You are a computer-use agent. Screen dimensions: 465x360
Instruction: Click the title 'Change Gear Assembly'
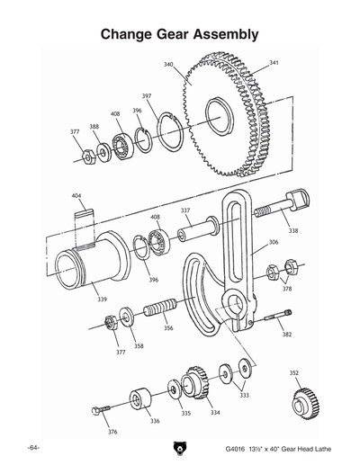click(180, 34)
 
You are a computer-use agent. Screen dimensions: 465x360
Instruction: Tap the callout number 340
click(168, 65)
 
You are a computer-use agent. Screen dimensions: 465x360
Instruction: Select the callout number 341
click(274, 64)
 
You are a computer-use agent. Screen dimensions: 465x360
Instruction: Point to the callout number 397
click(147, 95)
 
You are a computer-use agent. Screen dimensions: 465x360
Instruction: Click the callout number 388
click(94, 127)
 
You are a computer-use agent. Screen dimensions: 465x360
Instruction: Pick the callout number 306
click(274, 242)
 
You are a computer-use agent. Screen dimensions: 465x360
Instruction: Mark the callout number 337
click(184, 210)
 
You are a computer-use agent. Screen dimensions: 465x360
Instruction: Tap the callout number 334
click(215, 413)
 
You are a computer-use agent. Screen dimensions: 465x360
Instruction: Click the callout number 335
click(185, 414)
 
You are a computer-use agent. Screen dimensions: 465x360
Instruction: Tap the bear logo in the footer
click(180, 447)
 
